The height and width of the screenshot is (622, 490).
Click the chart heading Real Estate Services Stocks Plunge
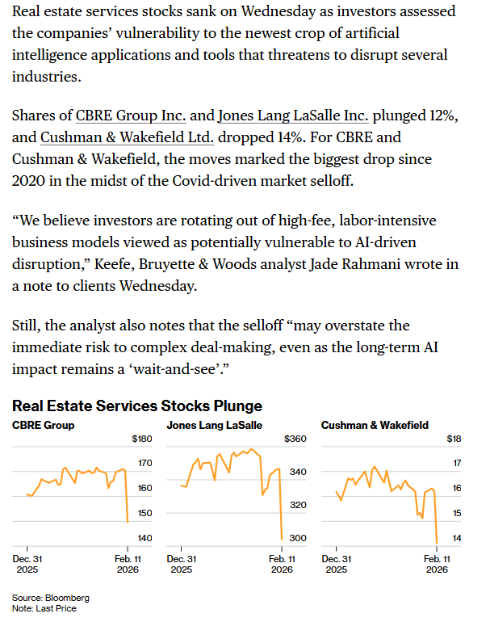click(137, 406)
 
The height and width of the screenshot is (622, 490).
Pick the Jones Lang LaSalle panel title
click(214, 425)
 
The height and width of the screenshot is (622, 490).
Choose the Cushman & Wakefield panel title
click(375, 425)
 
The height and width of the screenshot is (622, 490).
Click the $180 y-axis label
click(142, 439)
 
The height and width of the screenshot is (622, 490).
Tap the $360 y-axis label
click(296, 439)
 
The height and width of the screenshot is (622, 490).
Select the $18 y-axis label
click(454, 439)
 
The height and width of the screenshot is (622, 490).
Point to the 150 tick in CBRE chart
click(144, 513)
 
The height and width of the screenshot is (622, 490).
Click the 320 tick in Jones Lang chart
click(298, 505)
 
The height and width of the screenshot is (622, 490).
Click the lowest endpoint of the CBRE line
click(127, 522)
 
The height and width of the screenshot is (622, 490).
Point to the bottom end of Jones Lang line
click(281, 539)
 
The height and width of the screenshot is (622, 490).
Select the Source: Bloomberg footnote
click(51, 598)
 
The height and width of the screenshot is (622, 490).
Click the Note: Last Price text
click(44, 608)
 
